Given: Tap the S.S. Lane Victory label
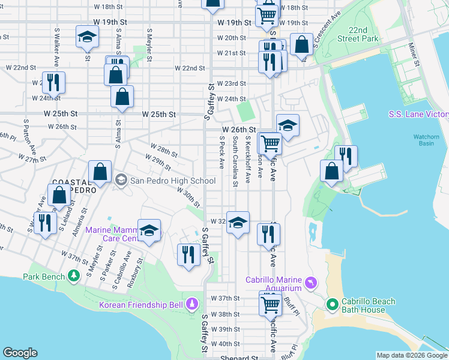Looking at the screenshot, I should pos(418,115).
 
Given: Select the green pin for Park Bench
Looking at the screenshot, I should pos(73,276).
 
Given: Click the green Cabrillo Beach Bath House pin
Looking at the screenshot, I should pos(333,305).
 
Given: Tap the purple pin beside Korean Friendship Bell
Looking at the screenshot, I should pos(191,304).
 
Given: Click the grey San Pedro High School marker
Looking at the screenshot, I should pos(121,180).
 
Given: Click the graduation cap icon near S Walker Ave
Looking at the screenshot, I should pos(88,38).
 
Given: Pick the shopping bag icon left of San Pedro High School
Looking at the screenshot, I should pos(100,172).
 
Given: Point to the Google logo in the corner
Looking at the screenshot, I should pos(20,353).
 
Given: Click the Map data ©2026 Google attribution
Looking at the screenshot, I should pos(411,355).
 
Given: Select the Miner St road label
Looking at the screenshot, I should pos(413,52).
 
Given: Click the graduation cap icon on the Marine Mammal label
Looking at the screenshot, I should pos(149,230).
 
